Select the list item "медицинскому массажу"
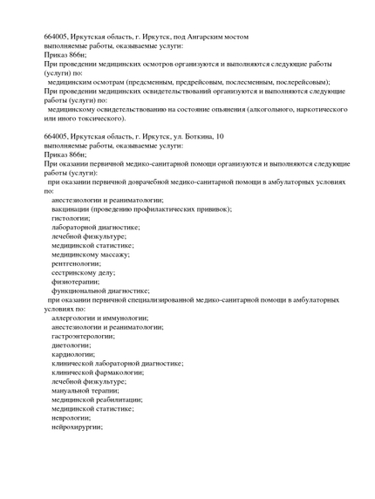click(x=90, y=255)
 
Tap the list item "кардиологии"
click(x=73, y=354)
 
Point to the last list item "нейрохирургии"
click(x=77, y=427)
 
